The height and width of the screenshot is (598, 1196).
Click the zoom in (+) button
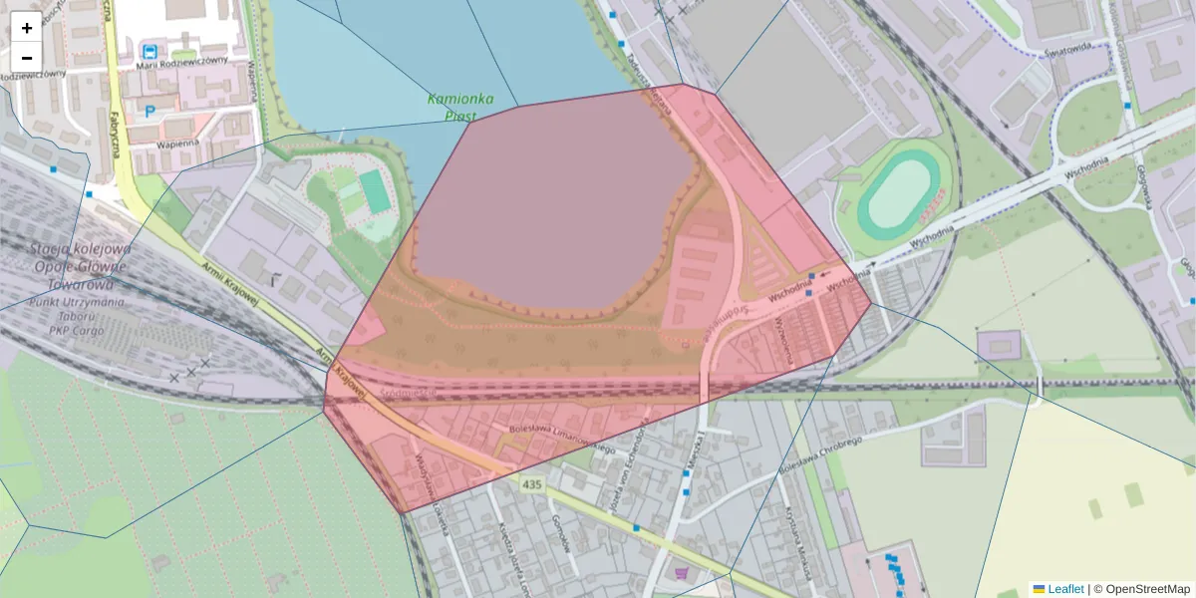click(x=27, y=28)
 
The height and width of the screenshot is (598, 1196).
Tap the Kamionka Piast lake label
click(x=461, y=107)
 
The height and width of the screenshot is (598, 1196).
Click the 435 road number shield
click(x=531, y=483)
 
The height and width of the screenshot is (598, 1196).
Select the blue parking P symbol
click(x=149, y=112)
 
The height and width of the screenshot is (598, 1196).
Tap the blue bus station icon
click(x=149, y=50)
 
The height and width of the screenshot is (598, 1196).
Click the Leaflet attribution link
click(x=1064, y=589)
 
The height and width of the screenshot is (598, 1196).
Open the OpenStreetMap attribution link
click(x=1147, y=589)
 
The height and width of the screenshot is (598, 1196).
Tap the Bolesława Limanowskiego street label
click(x=561, y=439)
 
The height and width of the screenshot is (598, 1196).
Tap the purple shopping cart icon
click(x=681, y=573)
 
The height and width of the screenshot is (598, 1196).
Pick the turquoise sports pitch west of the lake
click(x=375, y=190)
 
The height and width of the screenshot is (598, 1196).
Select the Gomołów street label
click(x=560, y=533)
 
